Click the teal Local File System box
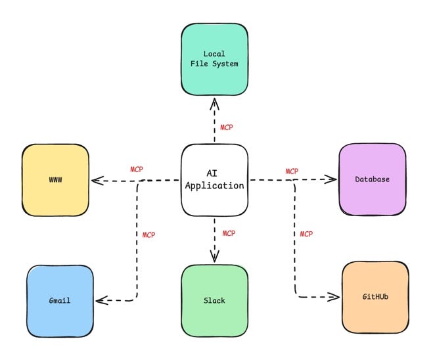[x=214, y=59]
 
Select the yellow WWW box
[x=55, y=179]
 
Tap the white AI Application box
[x=214, y=180]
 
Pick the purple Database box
[x=372, y=179]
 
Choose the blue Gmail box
[x=59, y=300]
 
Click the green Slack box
[x=214, y=300]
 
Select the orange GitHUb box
[x=375, y=297]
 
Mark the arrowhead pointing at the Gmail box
[x=100, y=301]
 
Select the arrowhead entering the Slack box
[x=214, y=257]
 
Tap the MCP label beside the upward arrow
[x=227, y=127]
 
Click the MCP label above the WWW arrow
[x=137, y=169]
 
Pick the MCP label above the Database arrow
[x=292, y=171]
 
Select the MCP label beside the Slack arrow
[x=229, y=233]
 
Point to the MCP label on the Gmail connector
[x=149, y=235]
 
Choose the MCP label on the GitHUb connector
[x=306, y=234]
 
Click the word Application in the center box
[x=214, y=186]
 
